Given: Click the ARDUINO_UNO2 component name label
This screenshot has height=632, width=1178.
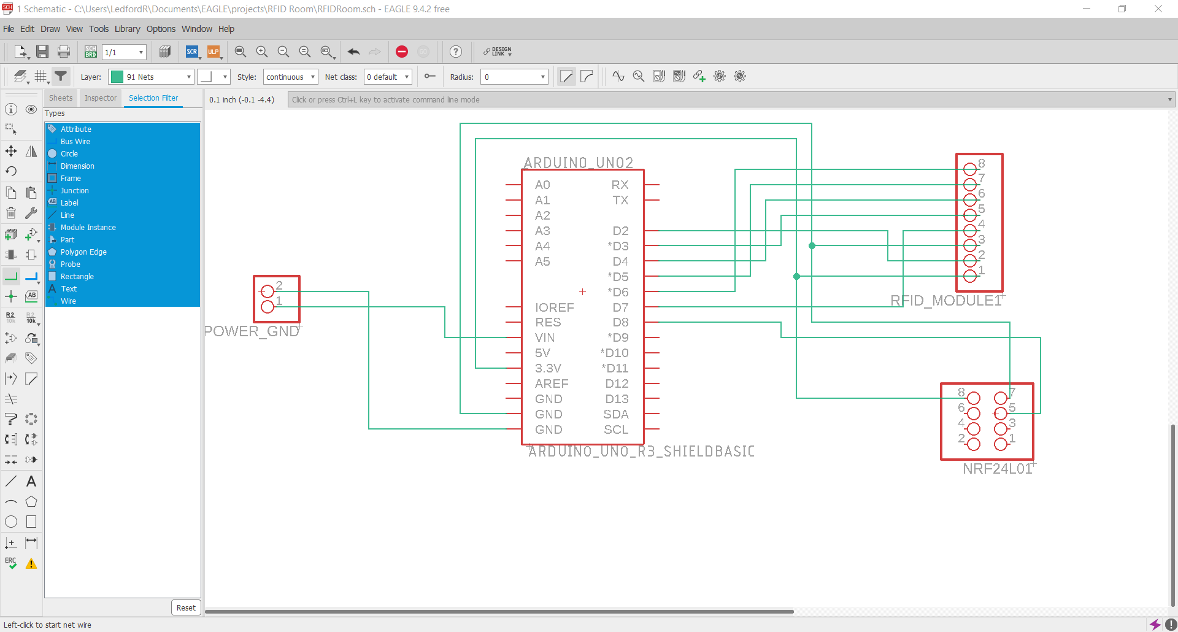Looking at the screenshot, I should (578, 163).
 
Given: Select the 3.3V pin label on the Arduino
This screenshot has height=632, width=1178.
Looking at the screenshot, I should (548, 368).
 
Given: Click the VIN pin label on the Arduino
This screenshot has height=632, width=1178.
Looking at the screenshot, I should (545, 337).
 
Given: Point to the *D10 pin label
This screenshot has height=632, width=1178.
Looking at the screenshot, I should (615, 353).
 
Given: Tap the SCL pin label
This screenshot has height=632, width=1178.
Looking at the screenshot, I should (616, 430).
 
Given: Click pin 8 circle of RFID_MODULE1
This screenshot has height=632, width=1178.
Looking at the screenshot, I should (970, 169).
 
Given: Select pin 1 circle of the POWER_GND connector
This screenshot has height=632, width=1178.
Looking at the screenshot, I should (268, 306).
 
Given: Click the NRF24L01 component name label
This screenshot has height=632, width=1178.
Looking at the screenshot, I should (998, 469).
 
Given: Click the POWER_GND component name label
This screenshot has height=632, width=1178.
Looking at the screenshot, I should (252, 331).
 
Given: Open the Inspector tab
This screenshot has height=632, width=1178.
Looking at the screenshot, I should (101, 98).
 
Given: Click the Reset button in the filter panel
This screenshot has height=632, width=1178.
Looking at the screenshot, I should (186, 607).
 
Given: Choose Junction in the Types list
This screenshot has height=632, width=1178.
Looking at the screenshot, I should (74, 190).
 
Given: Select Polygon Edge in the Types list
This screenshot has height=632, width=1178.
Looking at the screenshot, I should (83, 252).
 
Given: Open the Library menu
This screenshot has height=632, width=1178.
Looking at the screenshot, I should (127, 29).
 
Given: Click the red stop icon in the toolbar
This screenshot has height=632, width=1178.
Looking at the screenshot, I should (402, 52).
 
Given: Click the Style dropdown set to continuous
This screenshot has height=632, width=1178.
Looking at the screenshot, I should (290, 77).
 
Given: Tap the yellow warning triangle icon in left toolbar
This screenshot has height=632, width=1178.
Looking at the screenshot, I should (31, 563).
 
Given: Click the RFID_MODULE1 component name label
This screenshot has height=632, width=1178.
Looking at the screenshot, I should (945, 301).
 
